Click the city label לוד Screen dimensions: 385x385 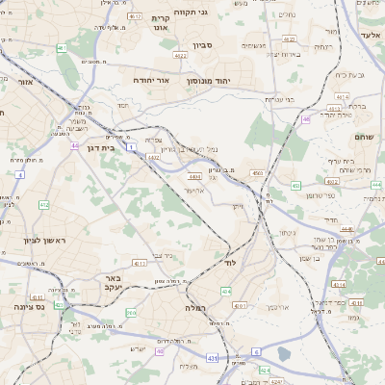(x=229, y=263)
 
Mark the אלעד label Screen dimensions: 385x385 (x=371, y=35)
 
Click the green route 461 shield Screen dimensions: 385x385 (x=62, y=47)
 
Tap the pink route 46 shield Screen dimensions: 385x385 (x=306, y=119)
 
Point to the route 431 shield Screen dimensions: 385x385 (x=212, y=358)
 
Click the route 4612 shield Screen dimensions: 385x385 (x=135, y=16)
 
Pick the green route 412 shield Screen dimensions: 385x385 (x=43, y=205)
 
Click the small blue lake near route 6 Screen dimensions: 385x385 (x=283, y=353)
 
